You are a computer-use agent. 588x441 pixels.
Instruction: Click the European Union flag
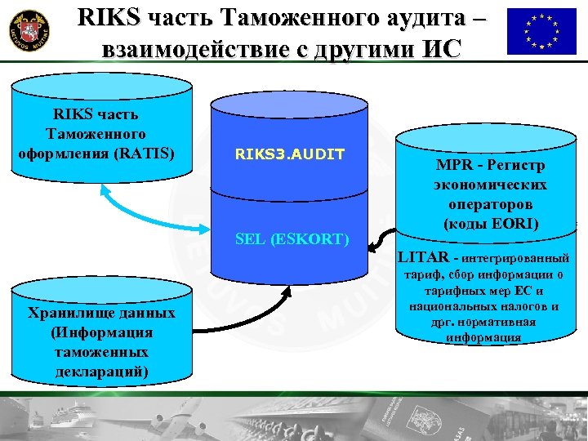tap(541, 32)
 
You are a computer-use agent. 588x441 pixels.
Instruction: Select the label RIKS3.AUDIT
tap(290, 154)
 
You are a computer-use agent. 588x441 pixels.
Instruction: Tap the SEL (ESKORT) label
tap(291, 239)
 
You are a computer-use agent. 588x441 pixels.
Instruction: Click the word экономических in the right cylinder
tap(490, 185)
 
